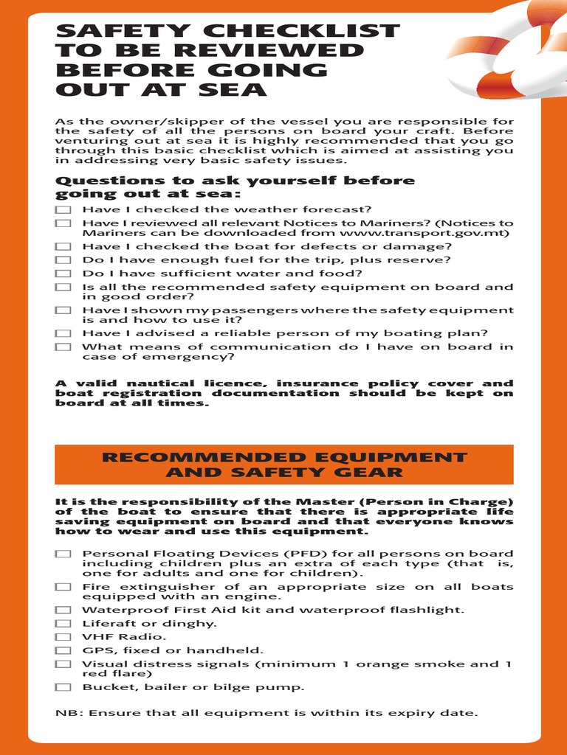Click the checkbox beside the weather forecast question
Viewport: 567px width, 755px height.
click(x=63, y=209)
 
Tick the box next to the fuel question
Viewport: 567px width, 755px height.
click(x=63, y=260)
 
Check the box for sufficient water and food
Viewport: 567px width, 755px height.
click(x=63, y=274)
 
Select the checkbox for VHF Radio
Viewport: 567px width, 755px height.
click(x=63, y=637)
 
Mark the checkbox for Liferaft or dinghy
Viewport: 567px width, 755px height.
click(x=63, y=624)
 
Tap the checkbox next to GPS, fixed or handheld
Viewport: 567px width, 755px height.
click(x=63, y=650)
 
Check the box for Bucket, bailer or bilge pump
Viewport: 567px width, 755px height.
click(x=63, y=687)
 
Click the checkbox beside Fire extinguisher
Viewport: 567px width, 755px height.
click(x=63, y=587)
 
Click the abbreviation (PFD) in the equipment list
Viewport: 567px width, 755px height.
click(x=253, y=554)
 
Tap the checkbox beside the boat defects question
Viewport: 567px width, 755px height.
click(x=63, y=247)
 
